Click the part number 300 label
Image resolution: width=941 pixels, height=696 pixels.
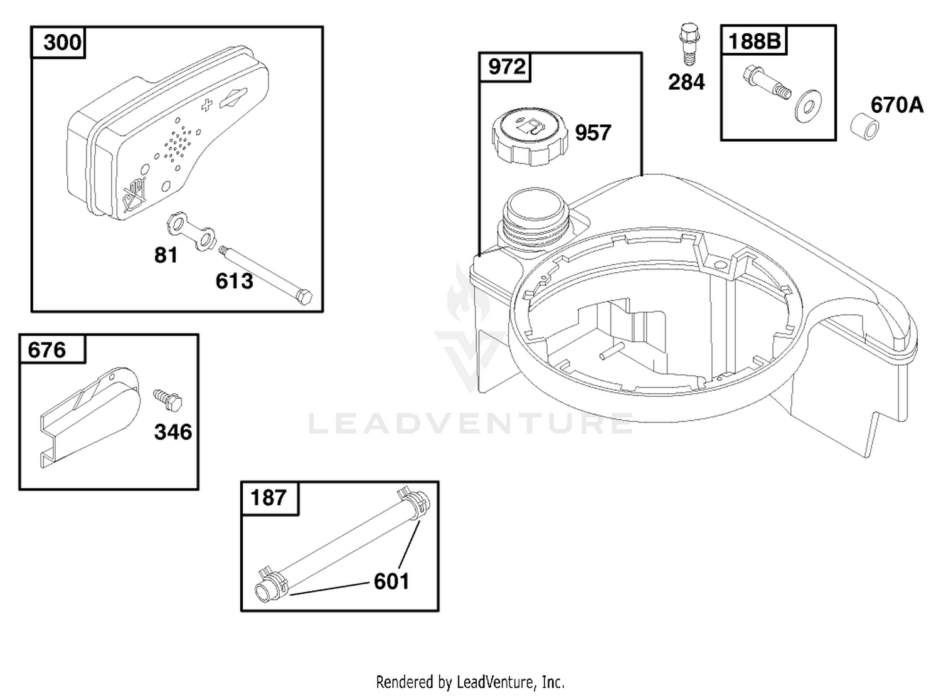pyautogui.click(x=62, y=43)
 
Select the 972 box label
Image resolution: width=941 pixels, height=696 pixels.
pyautogui.click(x=506, y=67)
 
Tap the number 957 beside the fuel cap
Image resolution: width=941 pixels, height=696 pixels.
pyautogui.click(x=593, y=133)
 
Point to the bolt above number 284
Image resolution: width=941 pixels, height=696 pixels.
pyautogui.click(x=689, y=44)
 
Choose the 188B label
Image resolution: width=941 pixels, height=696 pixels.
pyautogui.click(x=754, y=41)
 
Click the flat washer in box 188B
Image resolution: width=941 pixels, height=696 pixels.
pyautogui.click(x=807, y=106)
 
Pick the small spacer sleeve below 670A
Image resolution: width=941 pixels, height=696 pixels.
pyautogui.click(x=864, y=126)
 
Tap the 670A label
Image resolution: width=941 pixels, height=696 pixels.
pyautogui.click(x=897, y=105)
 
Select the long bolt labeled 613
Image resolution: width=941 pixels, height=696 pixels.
pyautogui.click(x=265, y=275)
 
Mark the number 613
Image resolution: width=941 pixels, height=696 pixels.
pyautogui.click(x=234, y=281)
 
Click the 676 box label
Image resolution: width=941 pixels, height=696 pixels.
pyautogui.click(x=46, y=350)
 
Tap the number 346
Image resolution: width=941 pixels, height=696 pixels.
pyautogui.click(x=173, y=432)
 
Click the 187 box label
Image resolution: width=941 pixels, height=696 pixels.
pyautogui.click(x=268, y=497)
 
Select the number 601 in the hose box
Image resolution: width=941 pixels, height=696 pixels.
pyautogui.click(x=391, y=581)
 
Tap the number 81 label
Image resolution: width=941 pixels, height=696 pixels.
pyautogui.click(x=166, y=255)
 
